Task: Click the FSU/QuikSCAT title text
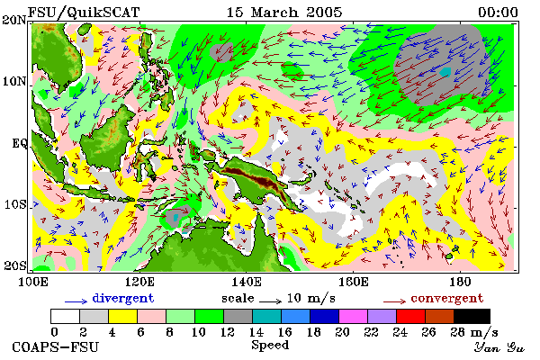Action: [84, 13]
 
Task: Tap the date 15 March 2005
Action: [284, 13]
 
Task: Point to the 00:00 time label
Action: [498, 13]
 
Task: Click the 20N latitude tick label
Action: [14, 20]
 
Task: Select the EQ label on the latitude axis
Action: [19, 143]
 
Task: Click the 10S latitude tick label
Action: [15, 204]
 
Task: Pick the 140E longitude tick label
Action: [246, 282]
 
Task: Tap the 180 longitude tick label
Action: [460, 282]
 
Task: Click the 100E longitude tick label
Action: [32, 282]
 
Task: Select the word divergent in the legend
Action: [123, 299]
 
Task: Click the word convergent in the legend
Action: [447, 298]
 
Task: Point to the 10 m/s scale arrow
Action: [270, 301]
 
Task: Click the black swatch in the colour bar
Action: [472, 316]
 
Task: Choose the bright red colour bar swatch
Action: [410, 316]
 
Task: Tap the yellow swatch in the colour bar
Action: [122, 316]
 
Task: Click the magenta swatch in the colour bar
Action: [353, 316]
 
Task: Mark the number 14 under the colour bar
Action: [256, 332]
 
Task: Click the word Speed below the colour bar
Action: [270, 345]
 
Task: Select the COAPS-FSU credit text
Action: [56, 346]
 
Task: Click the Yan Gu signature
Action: [499, 347]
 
